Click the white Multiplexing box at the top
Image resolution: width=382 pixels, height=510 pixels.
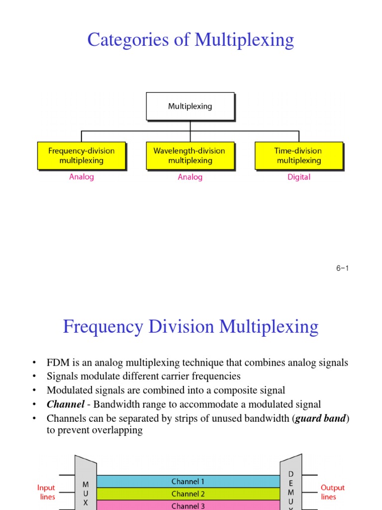coord(190,106)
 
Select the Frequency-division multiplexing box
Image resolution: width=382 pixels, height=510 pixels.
coord(81,155)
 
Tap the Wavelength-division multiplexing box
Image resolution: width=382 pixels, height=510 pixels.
coord(190,155)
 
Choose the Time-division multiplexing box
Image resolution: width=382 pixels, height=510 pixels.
coord(298,155)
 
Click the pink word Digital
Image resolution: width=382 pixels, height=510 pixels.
coord(298,177)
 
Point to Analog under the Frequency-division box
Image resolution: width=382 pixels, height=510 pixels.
coord(81,177)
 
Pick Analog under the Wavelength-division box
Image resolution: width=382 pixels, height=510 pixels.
coord(190,177)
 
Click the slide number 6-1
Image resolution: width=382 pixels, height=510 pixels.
coord(342,268)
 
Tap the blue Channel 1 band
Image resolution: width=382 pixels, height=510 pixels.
coord(188,482)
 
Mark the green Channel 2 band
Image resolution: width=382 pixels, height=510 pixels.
coord(188,494)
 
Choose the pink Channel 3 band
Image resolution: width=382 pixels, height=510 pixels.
coord(188,506)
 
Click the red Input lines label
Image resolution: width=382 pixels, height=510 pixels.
coord(46,492)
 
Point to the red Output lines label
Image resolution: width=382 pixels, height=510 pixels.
coord(332,492)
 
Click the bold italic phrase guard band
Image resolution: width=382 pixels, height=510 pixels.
coord(321,418)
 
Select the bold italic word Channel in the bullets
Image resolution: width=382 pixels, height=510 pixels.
coord(65,404)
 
